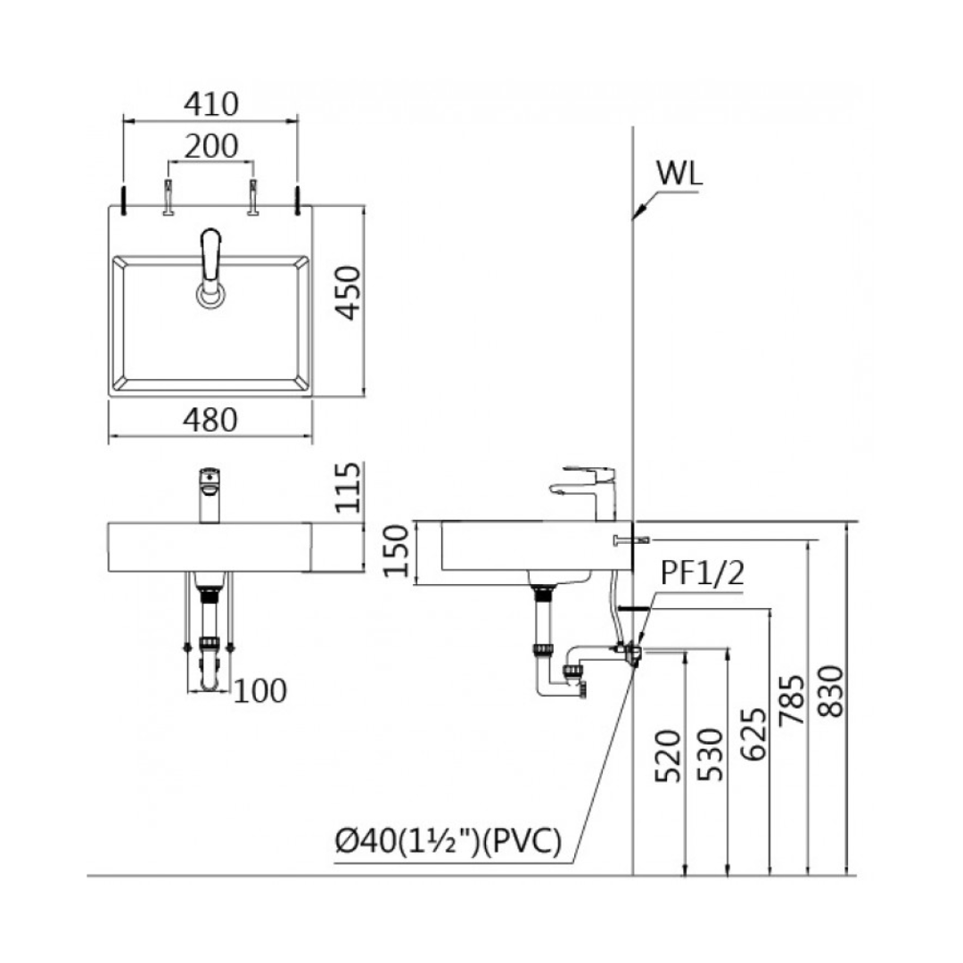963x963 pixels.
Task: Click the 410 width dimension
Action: (211, 104)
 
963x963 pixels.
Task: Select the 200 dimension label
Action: (211, 145)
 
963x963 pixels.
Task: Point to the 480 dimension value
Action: (211, 419)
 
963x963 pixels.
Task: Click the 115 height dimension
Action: (350, 488)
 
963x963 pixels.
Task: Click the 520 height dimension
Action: (669, 756)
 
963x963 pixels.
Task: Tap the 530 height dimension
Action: (712, 756)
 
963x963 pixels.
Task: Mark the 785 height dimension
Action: (792, 701)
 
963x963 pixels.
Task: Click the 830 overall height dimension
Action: (829, 691)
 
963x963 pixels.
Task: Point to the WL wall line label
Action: (679, 172)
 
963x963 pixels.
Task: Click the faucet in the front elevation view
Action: (209, 495)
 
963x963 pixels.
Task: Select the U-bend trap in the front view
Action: (210, 673)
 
